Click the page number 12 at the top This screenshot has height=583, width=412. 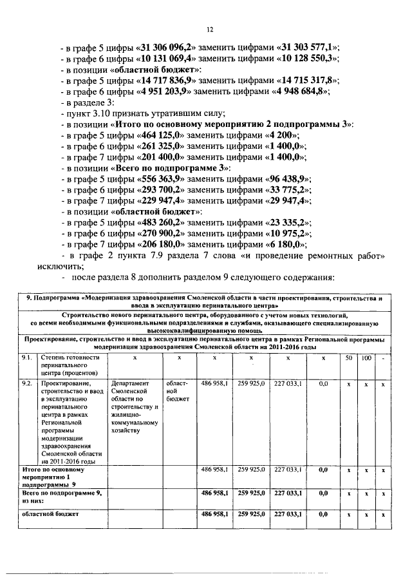[x=209, y=29]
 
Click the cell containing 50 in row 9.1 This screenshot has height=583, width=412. [x=348, y=357]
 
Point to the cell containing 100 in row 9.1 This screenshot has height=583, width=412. [x=365, y=357]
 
